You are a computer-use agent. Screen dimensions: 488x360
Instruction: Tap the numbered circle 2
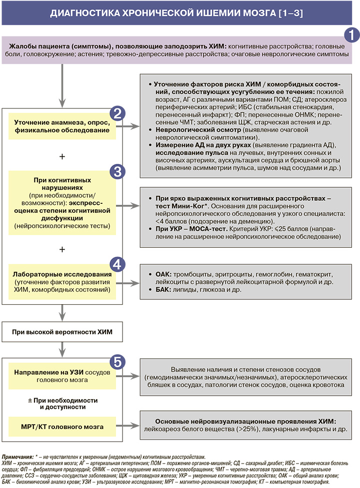pos(116,114)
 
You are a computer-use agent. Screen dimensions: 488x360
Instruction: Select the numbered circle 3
pos(116,171)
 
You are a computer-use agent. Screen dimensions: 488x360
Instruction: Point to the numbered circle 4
pos(116,265)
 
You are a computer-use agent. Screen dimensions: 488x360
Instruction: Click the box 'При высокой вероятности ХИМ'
pos(62,332)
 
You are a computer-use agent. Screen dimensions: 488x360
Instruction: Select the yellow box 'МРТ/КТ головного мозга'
pos(62,427)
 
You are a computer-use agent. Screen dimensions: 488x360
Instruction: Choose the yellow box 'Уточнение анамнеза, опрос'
pos(62,126)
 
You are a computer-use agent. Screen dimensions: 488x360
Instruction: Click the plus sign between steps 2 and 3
pos(62,156)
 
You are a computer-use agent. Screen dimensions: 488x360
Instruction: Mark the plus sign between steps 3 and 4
pos(62,248)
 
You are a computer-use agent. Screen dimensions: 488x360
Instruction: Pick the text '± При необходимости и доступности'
pos(62,404)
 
